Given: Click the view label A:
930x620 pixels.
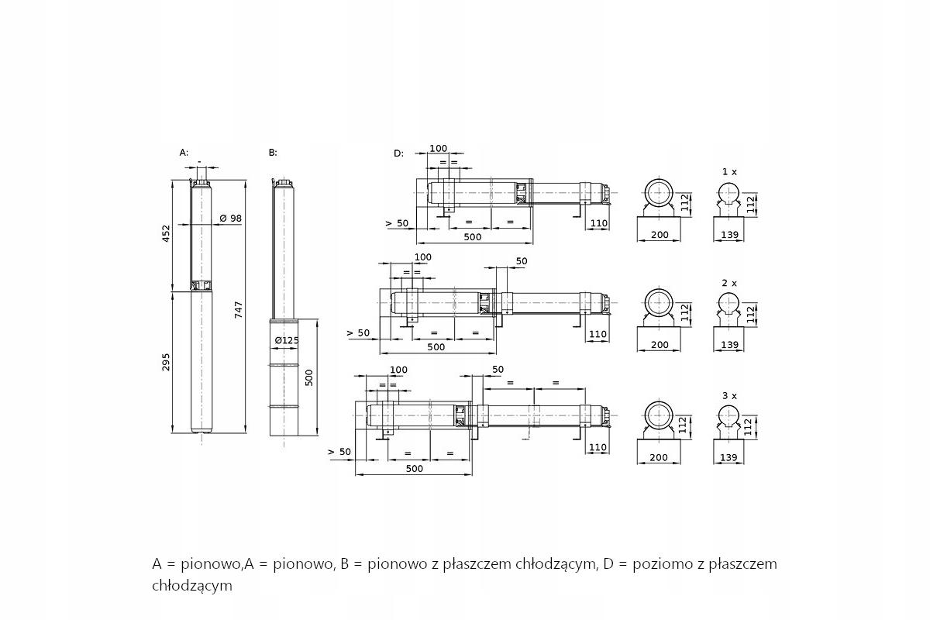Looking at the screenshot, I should [184, 153].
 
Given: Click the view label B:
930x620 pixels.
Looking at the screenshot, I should [273, 153].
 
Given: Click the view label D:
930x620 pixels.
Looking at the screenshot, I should [398, 153].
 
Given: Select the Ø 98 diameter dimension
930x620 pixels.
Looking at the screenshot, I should [231, 219].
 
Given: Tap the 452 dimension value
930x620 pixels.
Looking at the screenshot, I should [166, 233].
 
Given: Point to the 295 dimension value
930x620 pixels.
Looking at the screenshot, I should [166, 361].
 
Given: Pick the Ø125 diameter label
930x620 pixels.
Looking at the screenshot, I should [287, 340].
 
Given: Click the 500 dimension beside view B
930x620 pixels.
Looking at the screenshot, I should [308, 377].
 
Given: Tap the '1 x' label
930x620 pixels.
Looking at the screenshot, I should [729, 170].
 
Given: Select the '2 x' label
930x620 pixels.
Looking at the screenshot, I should [729, 283].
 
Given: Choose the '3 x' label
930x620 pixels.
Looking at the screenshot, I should [729, 395].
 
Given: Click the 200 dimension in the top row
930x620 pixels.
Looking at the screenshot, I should [659, 234].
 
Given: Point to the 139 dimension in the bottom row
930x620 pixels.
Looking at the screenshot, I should [728, 458].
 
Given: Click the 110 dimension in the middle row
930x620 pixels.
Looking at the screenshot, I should [598, 335].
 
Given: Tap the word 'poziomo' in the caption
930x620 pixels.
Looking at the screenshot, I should [661, 564].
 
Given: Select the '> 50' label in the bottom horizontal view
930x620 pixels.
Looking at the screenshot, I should [339, 451].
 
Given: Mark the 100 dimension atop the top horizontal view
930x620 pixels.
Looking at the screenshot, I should [439, 148].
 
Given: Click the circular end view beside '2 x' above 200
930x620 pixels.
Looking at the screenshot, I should [659, 303].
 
